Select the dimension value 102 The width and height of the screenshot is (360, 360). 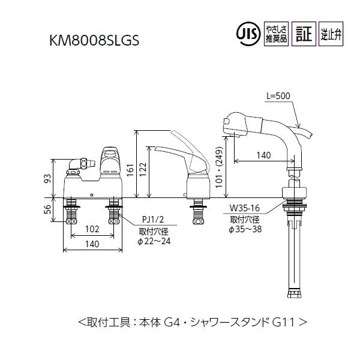[x=92, y=229]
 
